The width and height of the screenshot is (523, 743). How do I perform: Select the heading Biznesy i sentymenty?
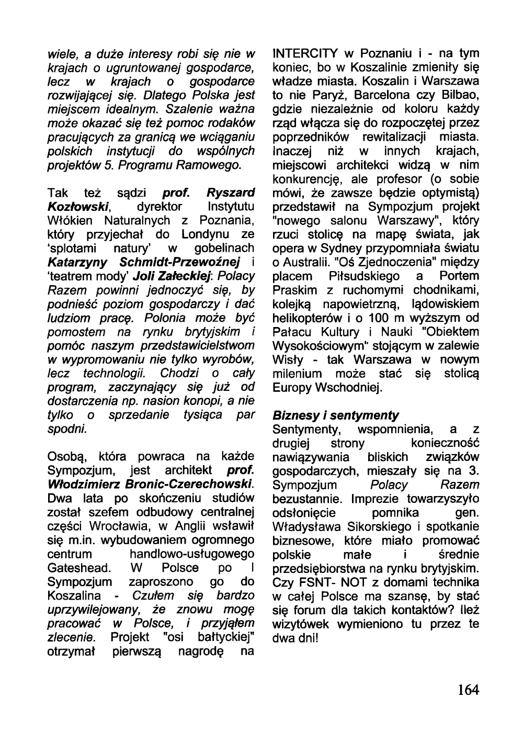(336, 415)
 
